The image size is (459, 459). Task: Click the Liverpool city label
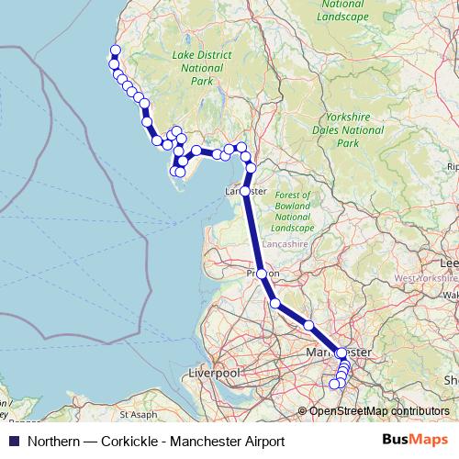point(213,375)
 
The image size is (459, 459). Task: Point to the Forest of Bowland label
point(293,207)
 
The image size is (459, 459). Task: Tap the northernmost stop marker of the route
point(115,51)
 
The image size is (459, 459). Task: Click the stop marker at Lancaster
point(245,191)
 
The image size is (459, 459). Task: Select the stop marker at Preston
point(262,274)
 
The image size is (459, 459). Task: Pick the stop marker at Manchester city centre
point(341,353)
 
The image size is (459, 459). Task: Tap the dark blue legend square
point(13,442)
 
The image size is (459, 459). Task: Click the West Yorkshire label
point(426,277)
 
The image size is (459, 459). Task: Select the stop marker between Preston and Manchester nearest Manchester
point(309,326)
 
